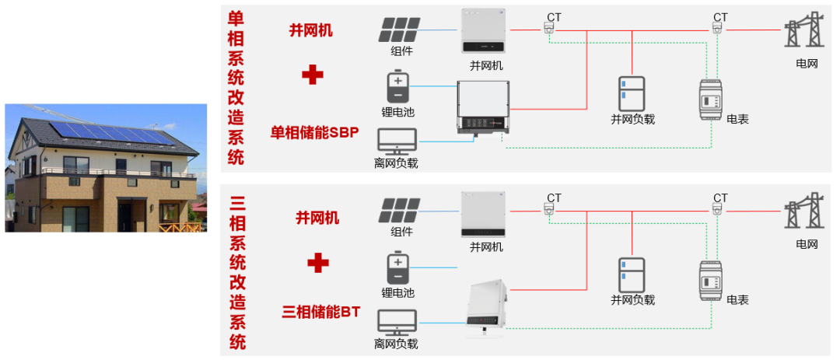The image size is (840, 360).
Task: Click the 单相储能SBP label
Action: pos(314,133)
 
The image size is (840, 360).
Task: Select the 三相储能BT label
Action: pos(321,312)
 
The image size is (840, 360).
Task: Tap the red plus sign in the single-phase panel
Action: pos(313,75)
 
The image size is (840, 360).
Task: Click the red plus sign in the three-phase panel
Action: pos(317,263)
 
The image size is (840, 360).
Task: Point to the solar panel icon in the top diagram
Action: pos(401,30)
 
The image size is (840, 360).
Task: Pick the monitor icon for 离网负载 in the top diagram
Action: pos(397,141)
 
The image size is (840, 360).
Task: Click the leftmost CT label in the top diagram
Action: pos(554,16)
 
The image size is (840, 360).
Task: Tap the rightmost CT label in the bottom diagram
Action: pos(721,197)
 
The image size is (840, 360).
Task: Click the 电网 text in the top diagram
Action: pos(807,63)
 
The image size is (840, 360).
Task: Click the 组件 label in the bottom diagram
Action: pos(401,232)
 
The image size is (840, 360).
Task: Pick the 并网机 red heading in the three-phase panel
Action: pos(317,218)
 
